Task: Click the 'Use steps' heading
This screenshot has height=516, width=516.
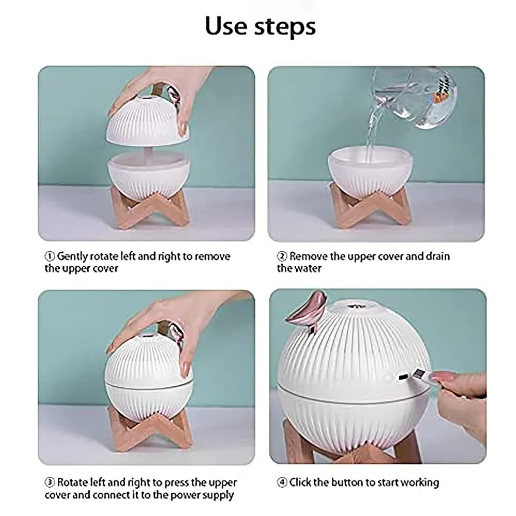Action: coord(260,26)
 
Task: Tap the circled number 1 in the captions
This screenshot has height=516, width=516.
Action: coord(50,256)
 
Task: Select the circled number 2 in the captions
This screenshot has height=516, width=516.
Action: coord(282,256)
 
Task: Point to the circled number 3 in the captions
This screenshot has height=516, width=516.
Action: coord(50,482)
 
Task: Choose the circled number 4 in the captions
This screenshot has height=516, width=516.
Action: coord(282,482)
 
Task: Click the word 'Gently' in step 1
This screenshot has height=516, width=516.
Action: coord(72,256)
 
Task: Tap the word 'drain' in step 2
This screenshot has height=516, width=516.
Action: coord(438,256)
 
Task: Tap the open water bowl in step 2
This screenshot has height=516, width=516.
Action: coord(370,171)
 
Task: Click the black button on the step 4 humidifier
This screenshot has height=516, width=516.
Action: coord(401,377)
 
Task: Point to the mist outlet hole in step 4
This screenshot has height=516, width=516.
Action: coord(357,307)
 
